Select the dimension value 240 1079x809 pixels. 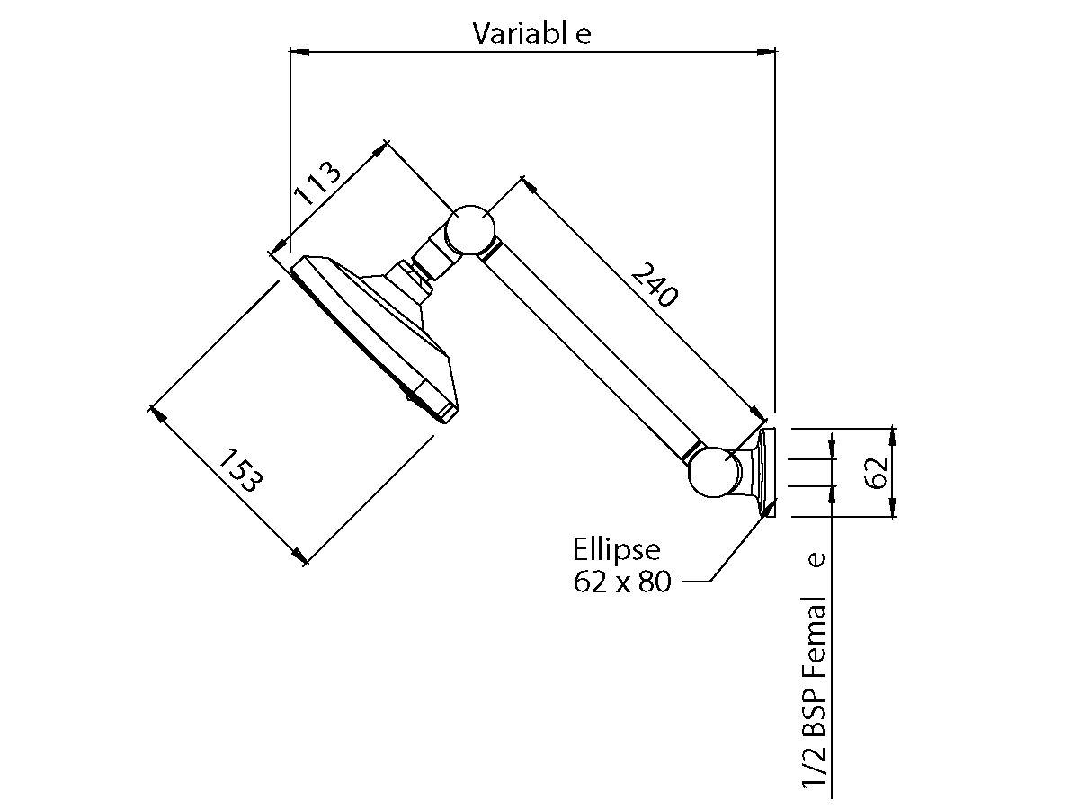(653, 283)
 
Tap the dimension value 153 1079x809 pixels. (240, 469)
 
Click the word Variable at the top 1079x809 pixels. (532, 33)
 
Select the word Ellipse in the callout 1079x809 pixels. (617, 548)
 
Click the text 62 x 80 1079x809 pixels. (622, 582)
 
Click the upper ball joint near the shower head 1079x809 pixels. (470, 228)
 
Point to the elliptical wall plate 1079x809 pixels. (767, 473)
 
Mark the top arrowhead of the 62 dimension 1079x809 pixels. (893, 435)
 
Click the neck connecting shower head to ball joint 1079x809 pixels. (426, 260)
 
